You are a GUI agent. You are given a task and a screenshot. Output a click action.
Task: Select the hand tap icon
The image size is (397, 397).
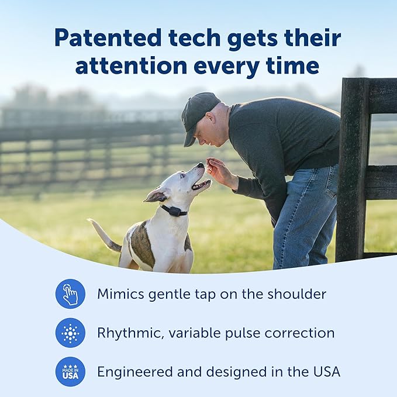click(70, 294)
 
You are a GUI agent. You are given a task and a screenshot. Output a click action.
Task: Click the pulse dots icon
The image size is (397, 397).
click(70, 333)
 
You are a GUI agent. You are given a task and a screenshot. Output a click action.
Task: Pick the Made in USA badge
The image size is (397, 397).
click(70, 372)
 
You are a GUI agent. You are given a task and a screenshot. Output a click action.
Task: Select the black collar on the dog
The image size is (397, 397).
click(174, 210)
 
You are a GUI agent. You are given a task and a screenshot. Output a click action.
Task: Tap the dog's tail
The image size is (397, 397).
click(104, 234)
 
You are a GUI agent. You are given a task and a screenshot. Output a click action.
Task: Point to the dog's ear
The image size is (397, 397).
click(155, 196)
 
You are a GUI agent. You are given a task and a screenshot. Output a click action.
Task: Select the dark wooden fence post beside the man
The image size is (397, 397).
click(353, 170)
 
